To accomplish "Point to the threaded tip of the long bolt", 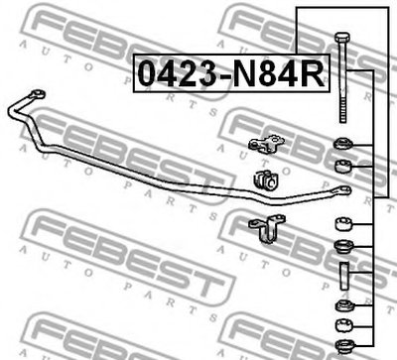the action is (342, 113).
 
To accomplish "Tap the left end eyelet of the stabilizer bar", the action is (38, 94).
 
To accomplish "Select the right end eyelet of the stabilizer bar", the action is (343, 190).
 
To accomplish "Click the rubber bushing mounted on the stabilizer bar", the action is (265, 180).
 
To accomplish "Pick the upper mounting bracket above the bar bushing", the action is (266, 144).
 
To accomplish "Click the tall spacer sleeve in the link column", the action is (344, 276).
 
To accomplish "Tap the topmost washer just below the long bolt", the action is (343, 144).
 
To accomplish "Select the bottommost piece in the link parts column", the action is (344, 345).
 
